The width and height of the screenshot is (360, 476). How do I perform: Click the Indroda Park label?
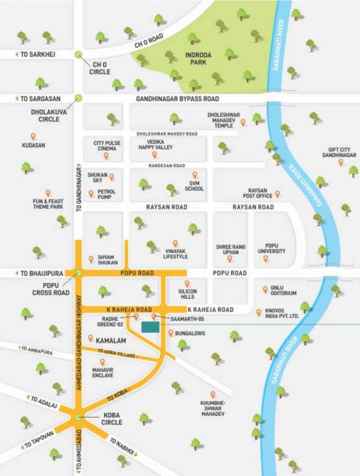click(198, 59)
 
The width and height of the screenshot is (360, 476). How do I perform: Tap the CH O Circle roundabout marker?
click(79, 55)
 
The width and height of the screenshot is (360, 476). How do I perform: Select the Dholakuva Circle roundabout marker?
click(79, 98)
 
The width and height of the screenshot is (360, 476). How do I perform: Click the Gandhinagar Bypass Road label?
click(177, 99)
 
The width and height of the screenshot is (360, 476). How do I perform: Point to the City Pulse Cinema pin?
click(106, 156)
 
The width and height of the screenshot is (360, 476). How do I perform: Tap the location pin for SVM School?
click(195, 175)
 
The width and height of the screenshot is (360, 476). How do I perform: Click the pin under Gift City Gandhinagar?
click(341, 162)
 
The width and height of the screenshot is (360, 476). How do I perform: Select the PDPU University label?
click(266, 248)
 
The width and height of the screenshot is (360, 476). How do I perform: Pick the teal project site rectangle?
click(150, 327)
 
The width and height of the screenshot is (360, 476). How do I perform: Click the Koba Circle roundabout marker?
click(79, 418)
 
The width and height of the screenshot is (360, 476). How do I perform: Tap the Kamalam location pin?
click(91, 338)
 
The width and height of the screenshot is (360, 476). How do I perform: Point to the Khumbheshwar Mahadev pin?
click(213, 394)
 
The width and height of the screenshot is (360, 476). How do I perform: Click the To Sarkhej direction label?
click(37, 55)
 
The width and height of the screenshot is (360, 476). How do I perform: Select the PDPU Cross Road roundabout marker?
click(79, 273)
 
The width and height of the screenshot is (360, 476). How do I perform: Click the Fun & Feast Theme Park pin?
click(48, 193)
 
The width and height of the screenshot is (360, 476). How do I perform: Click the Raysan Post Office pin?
click(277, 194)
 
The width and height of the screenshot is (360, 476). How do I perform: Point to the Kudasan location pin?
click(33, 136)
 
